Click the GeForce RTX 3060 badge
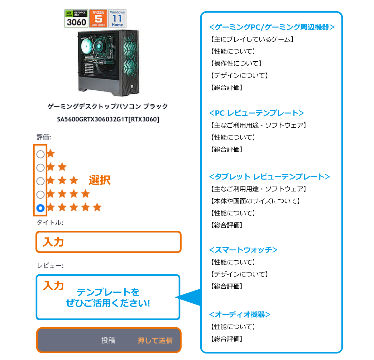pyautogui.click(x=76, y=19)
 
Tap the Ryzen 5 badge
pyautogui.click(x=98, y=19)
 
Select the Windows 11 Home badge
pyautogui.click(x=117, y=19)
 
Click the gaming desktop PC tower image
pyautogui.click(x=108, y=62)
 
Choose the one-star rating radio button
pyautogui.click(x=41, y=154)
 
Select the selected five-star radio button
pyautogui.click(x=41, y=208)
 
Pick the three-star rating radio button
pyautogui.click(x=41, y=181)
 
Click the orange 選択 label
pyautogui.click(x=99, y=180)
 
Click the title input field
pyautogui.click(x=108, y=242)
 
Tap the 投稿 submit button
pyautogui.click(x=108, y=340)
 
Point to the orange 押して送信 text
pyautogui.click(x=155, y=341)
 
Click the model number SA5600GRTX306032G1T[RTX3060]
pyautogui.click(x=108, y=119)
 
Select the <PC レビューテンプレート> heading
pyautogui.click(x=257, y=113)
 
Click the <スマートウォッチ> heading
pyautogui.click(x=243, y=250)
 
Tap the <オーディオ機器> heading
pyautogui.click(x=240, y=315)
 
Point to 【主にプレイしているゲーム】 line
pyautogui.click(x=252, y=40)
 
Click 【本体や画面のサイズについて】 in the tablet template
pyautogui.click(x=255, y=201)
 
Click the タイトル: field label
pyautogui.click(x=50, y=222)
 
